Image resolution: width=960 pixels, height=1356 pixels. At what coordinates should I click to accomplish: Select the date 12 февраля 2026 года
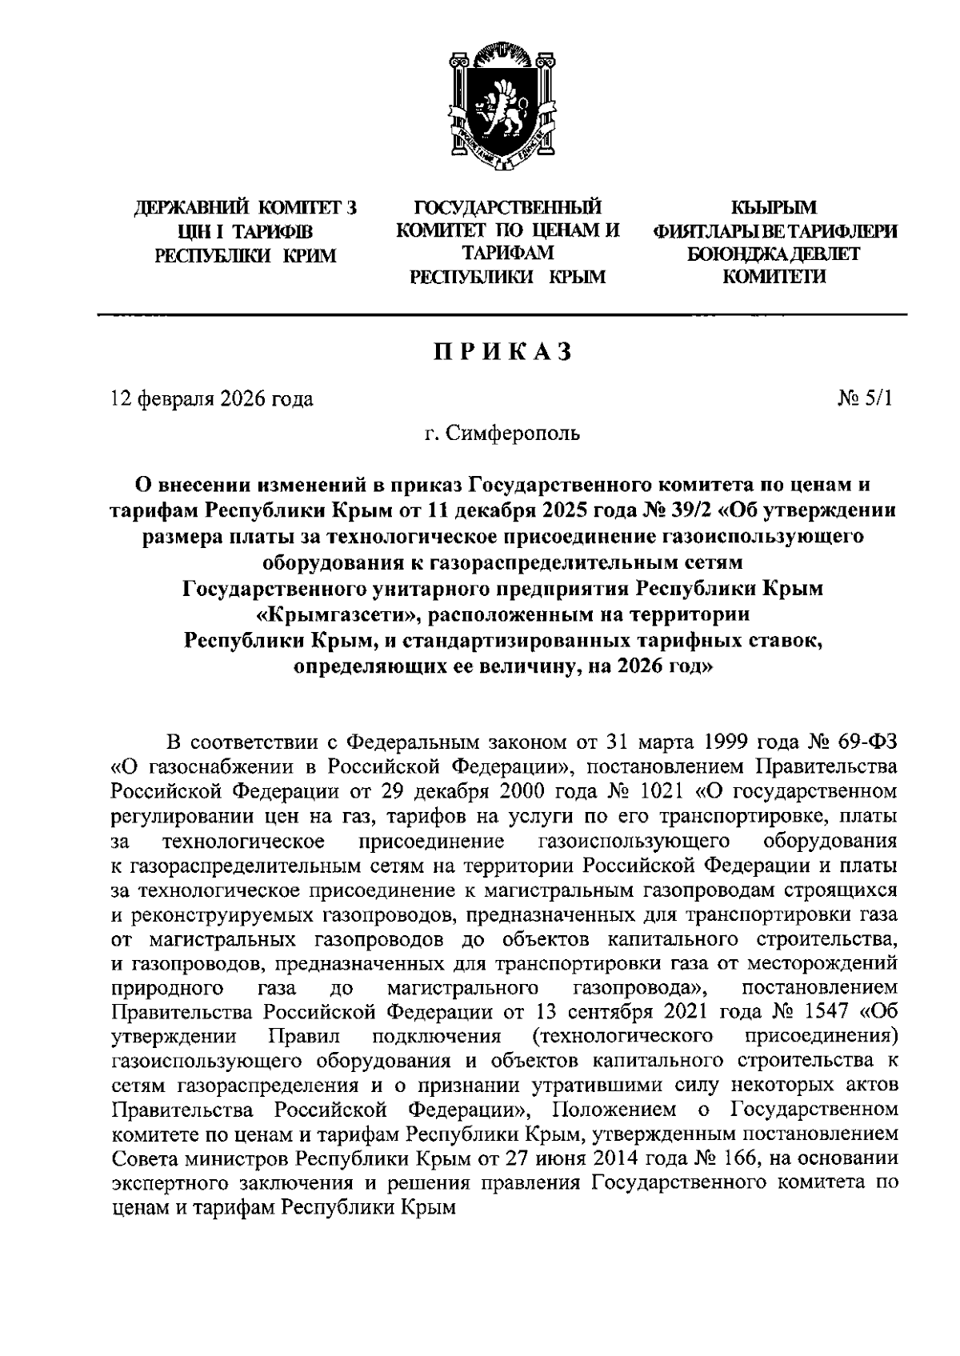coord(212,398)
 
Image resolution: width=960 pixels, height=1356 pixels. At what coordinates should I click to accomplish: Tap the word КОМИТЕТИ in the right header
coord(774,277)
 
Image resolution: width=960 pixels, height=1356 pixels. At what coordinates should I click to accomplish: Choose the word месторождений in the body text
coord(830,962)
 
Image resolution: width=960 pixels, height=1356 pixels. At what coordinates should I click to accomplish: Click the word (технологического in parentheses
coord(622,1035)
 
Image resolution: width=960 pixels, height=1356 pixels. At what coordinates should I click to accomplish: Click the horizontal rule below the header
coord(502,314)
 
